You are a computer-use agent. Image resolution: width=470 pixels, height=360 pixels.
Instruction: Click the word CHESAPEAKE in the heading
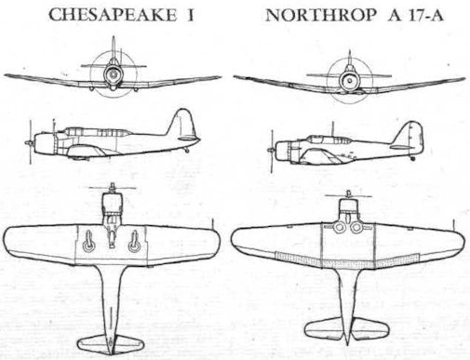click(113, 15)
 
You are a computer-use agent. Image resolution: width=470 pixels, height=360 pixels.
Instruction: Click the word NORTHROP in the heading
click(321, 15)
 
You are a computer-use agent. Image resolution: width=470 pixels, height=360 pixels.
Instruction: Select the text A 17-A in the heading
click(416, 15)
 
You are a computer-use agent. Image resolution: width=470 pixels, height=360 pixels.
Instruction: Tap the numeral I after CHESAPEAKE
click(190, 15)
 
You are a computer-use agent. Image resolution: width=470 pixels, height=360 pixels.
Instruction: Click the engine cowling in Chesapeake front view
click(113, 74)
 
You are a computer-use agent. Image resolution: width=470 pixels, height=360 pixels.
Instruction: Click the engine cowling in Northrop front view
click(350, 80)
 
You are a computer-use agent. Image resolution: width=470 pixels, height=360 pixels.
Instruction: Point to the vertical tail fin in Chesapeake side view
click(182, 123)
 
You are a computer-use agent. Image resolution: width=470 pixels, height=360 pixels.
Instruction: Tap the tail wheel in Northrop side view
click(412, 158)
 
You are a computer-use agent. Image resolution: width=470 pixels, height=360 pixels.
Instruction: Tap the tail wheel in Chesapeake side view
click(187, 151)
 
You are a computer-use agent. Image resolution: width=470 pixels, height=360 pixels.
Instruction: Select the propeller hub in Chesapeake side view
click(29, 142)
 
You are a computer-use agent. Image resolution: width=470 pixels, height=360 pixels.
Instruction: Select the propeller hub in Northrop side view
click(271, 150)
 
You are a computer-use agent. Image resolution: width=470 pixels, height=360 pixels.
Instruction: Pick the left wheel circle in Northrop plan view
click(340, 228)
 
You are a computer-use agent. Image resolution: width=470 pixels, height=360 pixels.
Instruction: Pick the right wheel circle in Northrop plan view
click(356, 228)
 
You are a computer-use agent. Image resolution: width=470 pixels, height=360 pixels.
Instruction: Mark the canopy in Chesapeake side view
click(97, 132)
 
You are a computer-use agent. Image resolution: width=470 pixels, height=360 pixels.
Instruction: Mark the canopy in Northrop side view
click(329, 140)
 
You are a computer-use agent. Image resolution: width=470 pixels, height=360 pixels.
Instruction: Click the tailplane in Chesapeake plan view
click(111, 343)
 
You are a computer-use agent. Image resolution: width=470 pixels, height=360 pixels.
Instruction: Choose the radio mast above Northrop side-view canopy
click(332, 128)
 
